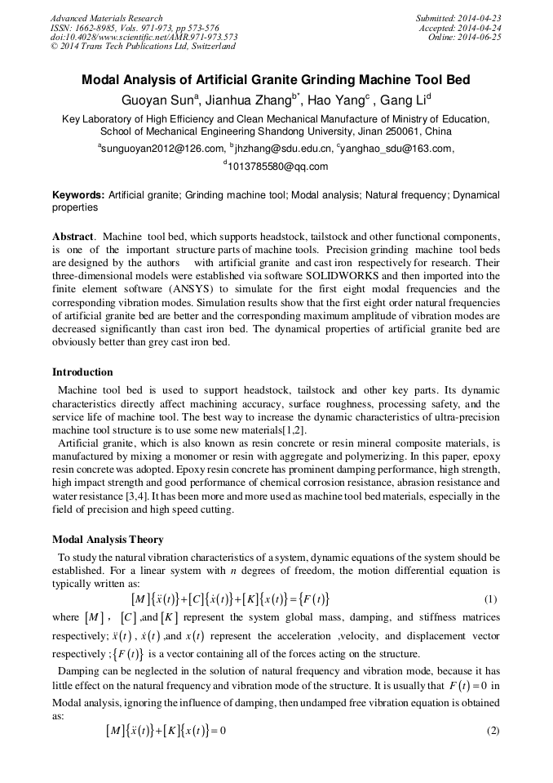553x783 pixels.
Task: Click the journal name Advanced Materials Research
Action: pyautogui.click(x=106, y=18)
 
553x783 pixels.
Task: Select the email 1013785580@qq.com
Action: pyautogui.click(x=278, y=167)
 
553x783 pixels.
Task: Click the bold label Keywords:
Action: pyautogui.click(x=78, y=196)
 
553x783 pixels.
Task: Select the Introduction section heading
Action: pyautogui.click(x=82, y=372)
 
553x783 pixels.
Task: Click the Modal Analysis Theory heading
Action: pyautogui.click(x=108, y=540)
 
